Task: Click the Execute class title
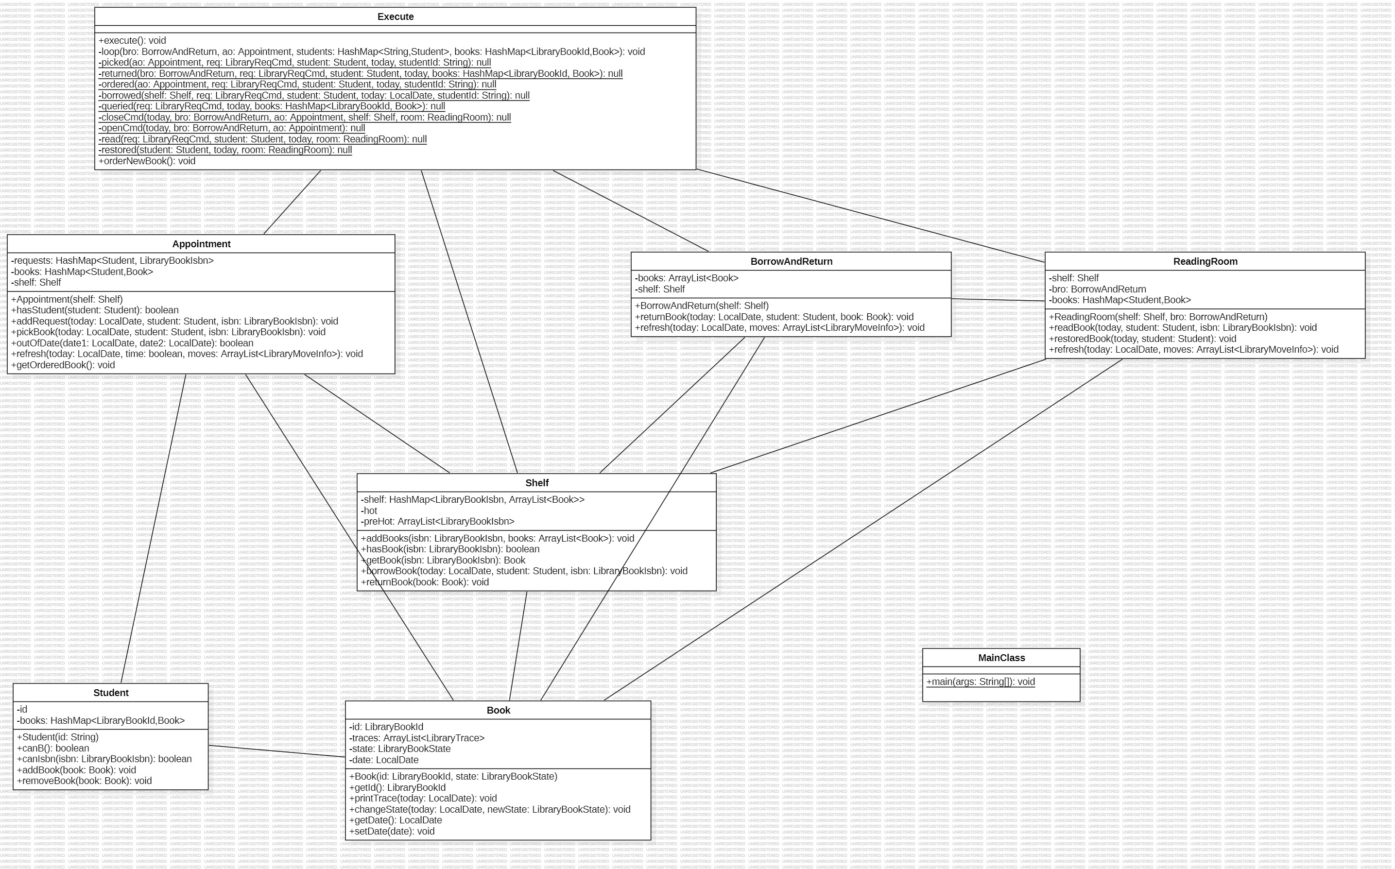coord(396,17)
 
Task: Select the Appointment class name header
coord(201,244)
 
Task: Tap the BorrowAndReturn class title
coord(791,261)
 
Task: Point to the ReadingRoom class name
coord(1205,261)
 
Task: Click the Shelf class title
coord(536,483)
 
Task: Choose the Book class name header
coord(498,710)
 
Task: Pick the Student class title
coord(111,693)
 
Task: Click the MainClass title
coord(1001,658)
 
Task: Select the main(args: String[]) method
coord(980,682)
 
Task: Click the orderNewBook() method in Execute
coord(147,161)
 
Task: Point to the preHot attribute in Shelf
coord(437,521)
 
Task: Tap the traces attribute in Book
coord(417,738)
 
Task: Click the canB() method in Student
coord(53,748)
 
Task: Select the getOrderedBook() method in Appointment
coord(63,365)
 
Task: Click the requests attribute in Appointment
coord(112,260)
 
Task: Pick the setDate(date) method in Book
coord(392,831)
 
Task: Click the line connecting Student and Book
coord(276,751)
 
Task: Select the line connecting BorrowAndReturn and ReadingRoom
coord(998,300)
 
